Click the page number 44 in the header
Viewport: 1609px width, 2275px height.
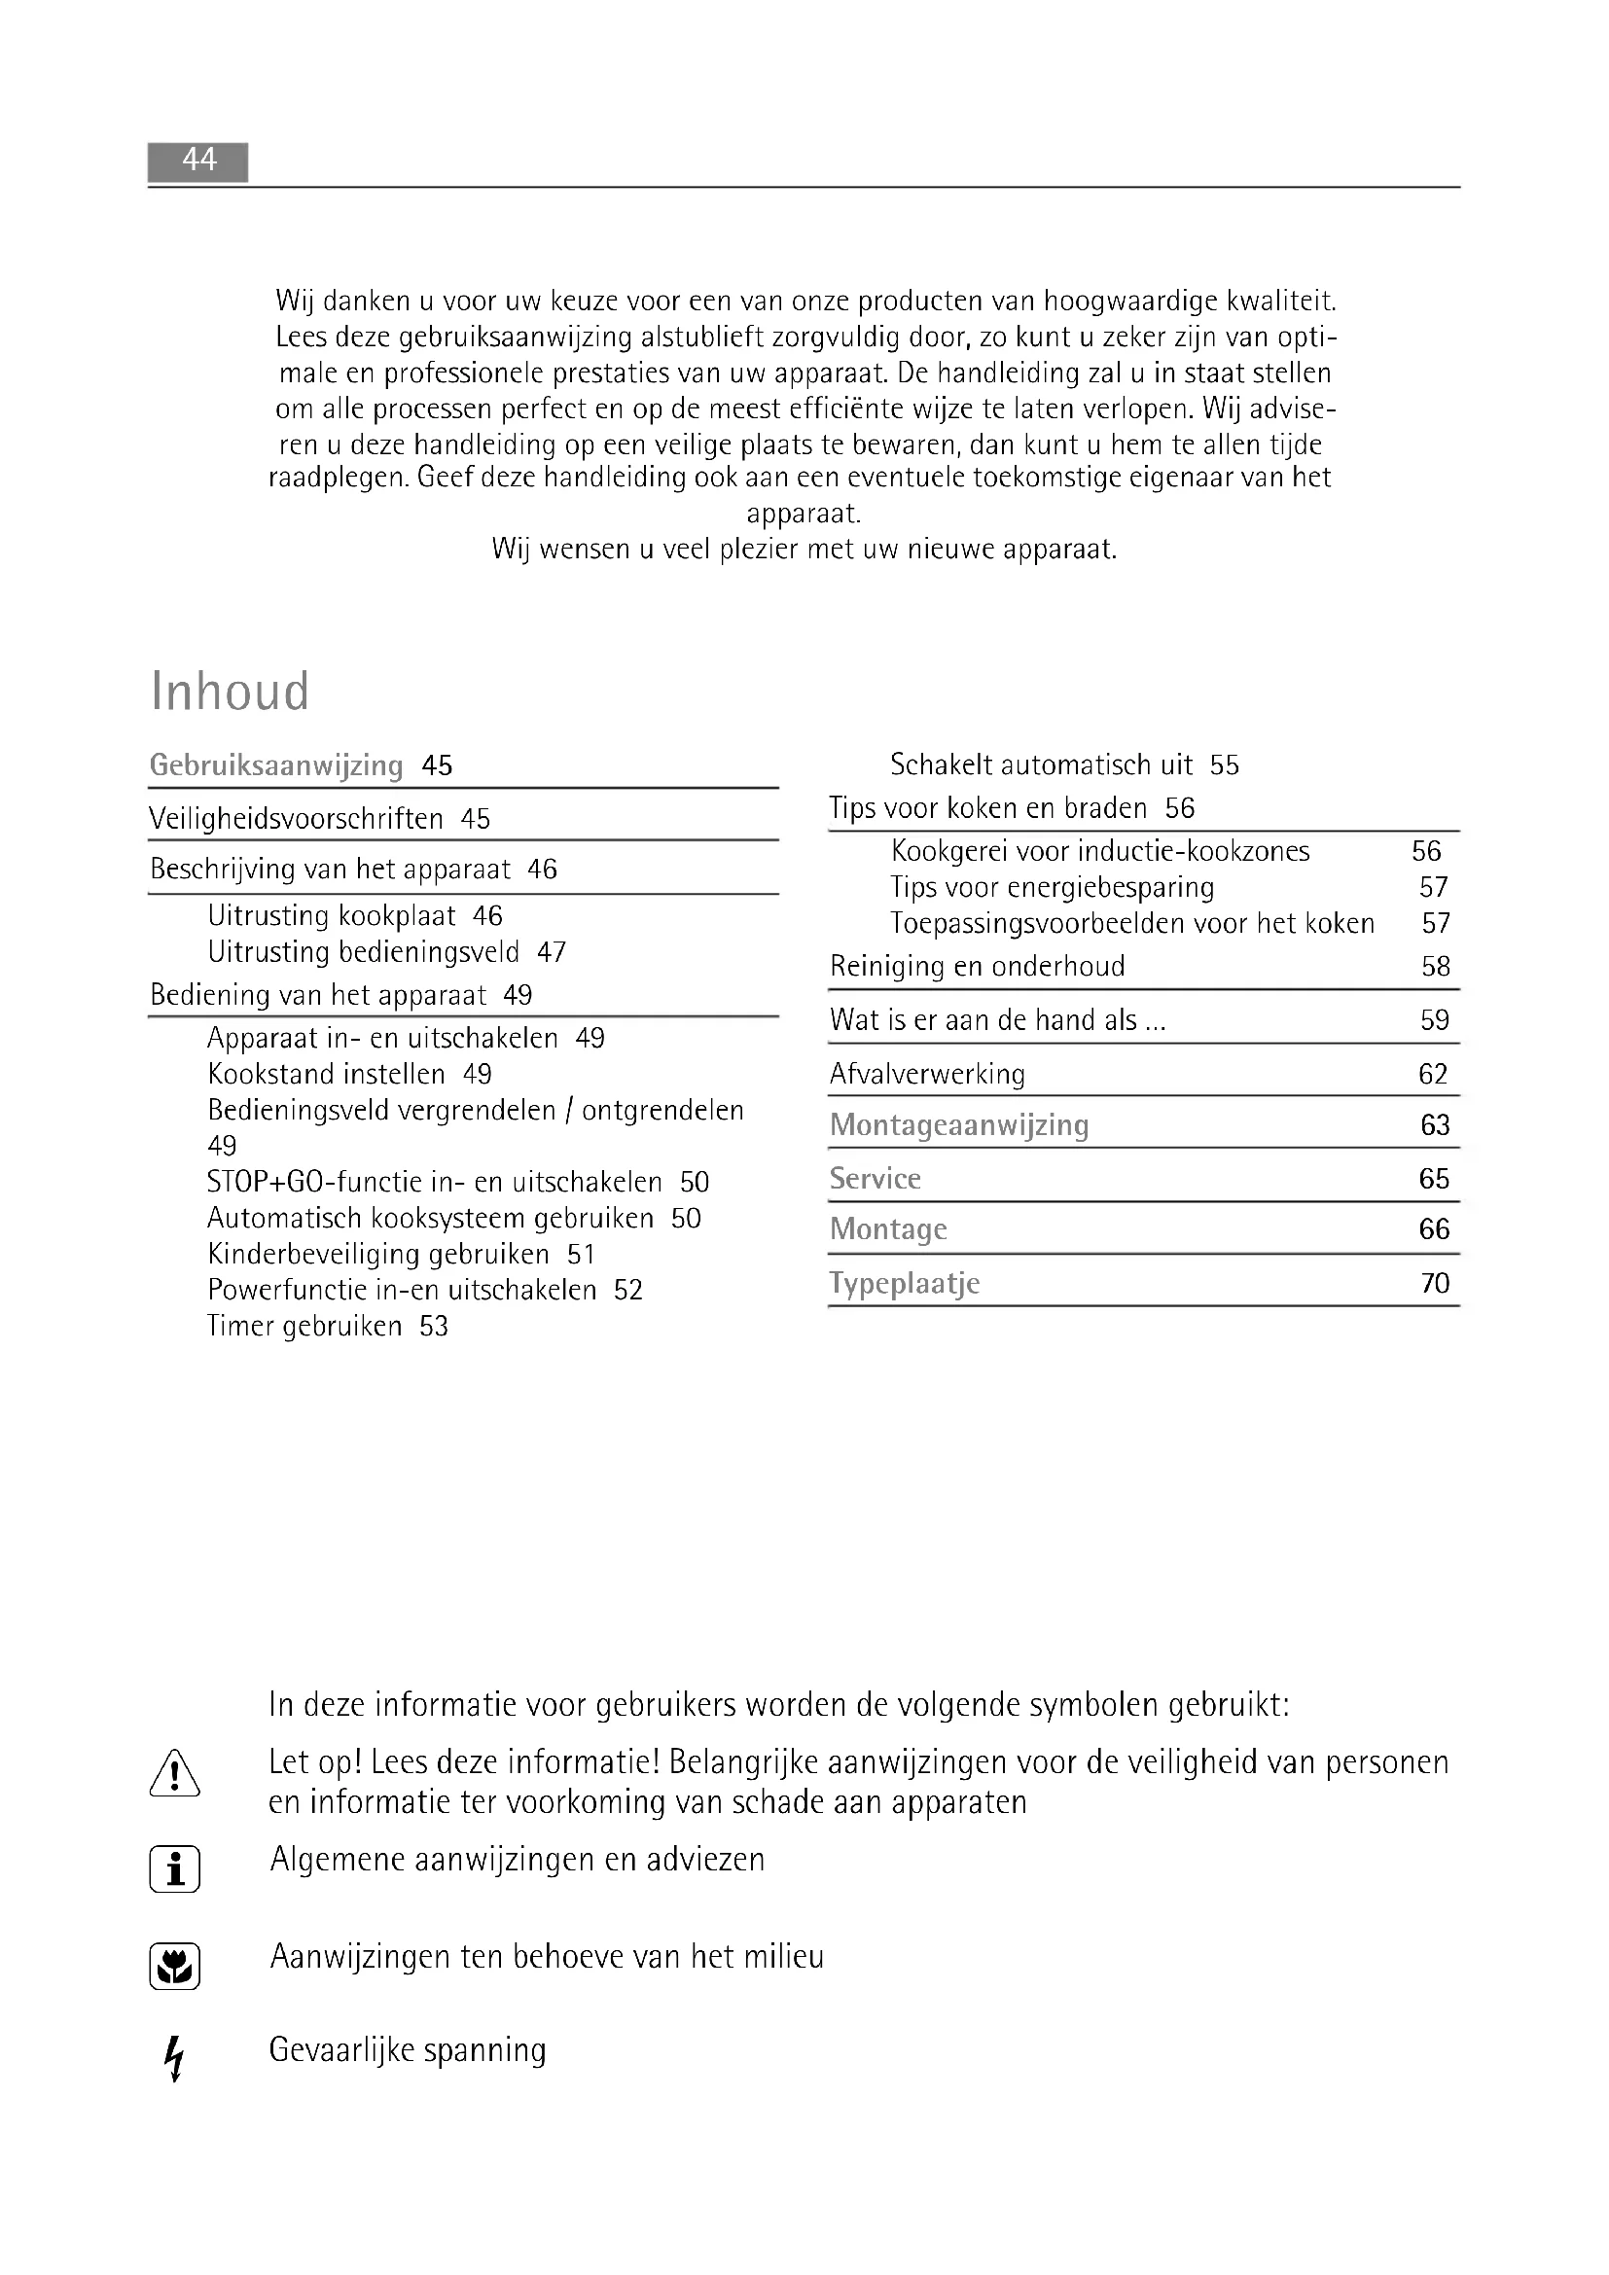tap(199, 160)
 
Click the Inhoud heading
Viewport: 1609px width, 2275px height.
tap(230, 692)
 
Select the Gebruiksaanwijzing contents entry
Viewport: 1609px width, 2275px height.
tap(276, 764)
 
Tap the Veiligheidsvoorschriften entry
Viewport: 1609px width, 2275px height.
tap(297, 818)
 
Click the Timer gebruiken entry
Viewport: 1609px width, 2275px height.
tap(304, 1326)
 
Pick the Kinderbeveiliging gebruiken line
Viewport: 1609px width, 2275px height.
tap(378, 1255)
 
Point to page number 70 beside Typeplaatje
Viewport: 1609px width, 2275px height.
tap(1435, 1283)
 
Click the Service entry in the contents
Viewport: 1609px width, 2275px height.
tap(875, 1178)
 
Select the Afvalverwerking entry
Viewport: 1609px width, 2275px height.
tap(927, 1074)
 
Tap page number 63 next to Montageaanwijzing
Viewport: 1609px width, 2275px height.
tap(1435, 1124)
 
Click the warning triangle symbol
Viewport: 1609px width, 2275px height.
tap(174, 1774)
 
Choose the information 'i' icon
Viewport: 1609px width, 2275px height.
tap(174, 1869)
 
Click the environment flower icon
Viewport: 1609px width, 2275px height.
tap(174, 1967)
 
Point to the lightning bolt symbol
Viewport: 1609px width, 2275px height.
tap(174, 2058)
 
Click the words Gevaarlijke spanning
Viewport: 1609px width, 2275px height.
tap(408, 2049)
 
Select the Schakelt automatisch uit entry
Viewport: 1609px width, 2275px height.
tap(1041, 764)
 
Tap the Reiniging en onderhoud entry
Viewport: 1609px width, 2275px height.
tap(977, 966)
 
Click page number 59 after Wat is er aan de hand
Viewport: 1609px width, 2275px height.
tap(1435, 1019)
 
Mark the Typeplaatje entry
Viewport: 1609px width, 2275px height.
tap(904, 1283)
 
